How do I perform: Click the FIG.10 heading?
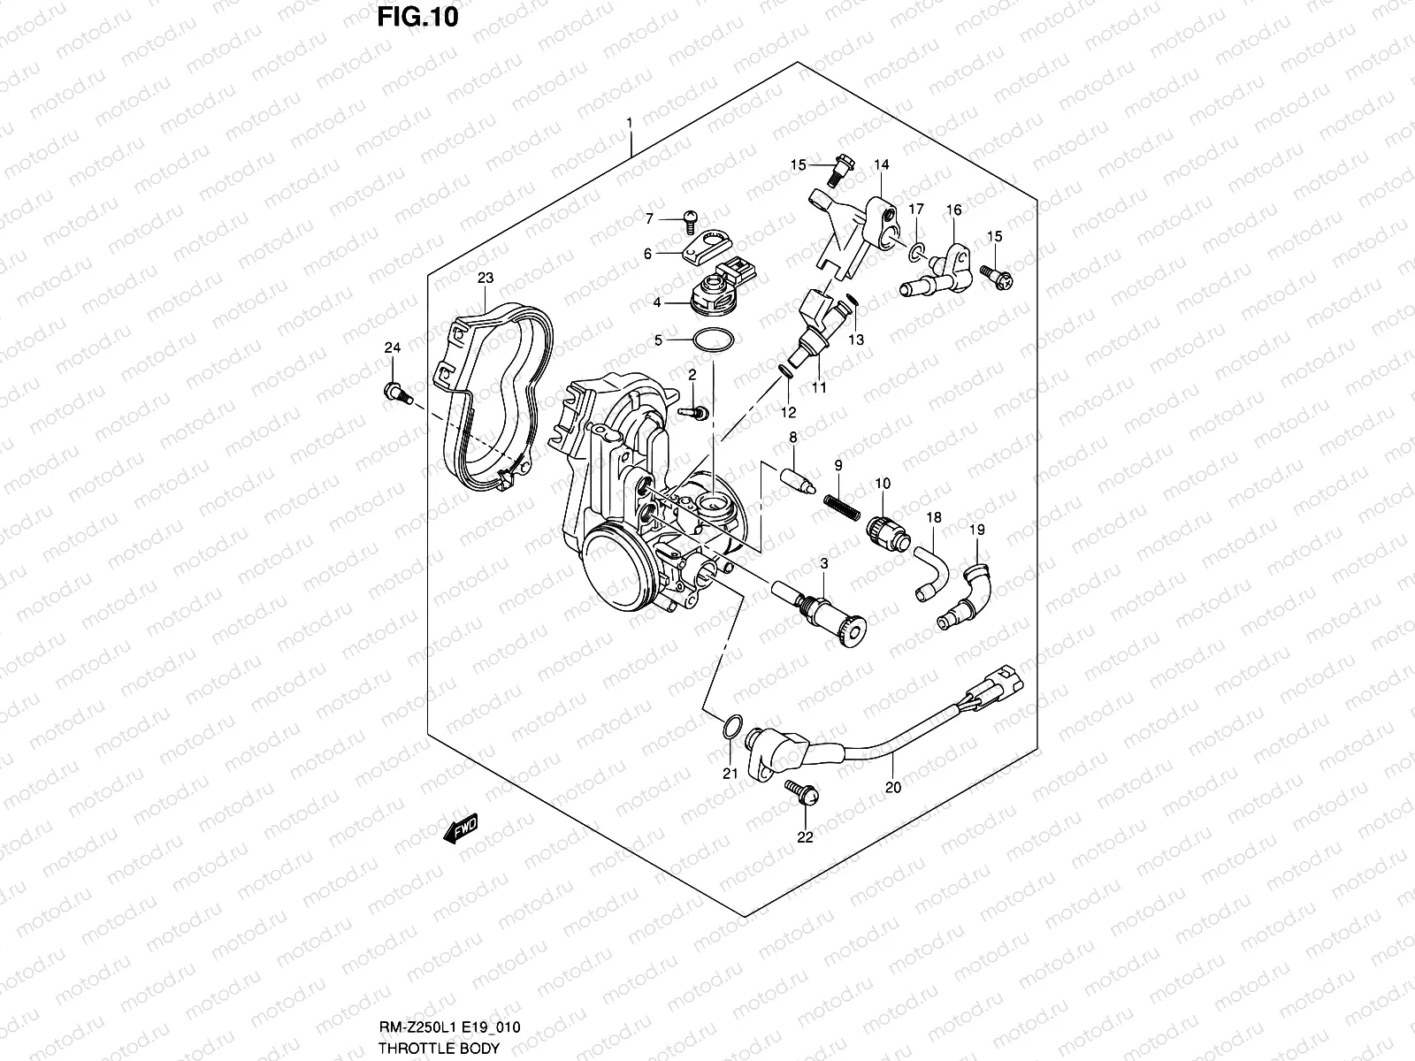click(417, 17)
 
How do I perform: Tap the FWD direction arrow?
click(461, 828)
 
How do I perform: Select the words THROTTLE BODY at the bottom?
click(439, 1048)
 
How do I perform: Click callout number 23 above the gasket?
click(486, 278)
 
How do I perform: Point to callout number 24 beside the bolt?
click(393, 347)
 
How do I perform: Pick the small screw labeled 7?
click(690, 222)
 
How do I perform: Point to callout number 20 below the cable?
click(893, 787)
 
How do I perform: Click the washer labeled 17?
click(916, 252)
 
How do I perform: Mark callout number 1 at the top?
click(630, 122)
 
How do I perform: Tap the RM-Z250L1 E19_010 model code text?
click(449, 1027)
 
